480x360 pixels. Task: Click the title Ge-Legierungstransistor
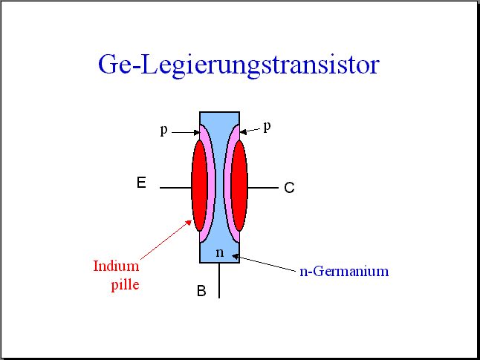[239, 65]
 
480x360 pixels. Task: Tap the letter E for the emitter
[141, 183]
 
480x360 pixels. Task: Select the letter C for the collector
[289, 188]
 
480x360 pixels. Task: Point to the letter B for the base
[201, 291]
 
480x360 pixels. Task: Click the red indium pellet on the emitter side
[199, 186]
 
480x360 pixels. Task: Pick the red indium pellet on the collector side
[239, 186]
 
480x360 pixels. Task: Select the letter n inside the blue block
[220, 252]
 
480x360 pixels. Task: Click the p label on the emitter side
[164, 131]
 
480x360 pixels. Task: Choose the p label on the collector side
[267, 127]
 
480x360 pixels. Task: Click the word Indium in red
[116, 266]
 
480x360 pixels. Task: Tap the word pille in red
[125, 285]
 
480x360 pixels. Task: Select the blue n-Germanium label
[344, 272]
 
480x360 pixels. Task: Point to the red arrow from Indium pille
[166, 240]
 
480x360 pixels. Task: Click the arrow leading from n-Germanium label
[265, 263]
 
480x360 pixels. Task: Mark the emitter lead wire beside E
[175, 188]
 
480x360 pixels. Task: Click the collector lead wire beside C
[263, 188]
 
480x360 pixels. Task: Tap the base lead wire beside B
[219, 280]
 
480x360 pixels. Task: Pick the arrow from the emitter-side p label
[186, 132]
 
